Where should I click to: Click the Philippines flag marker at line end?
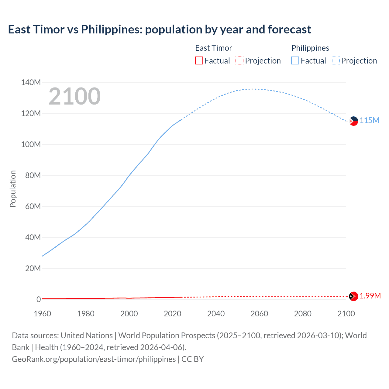click(x=353, y=121)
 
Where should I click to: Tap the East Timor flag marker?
click(x=353, y=296)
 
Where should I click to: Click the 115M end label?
click(x=369, y=120)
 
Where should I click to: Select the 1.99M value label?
click(x=370, y=296)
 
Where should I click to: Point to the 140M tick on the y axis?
click(x=31, y=82)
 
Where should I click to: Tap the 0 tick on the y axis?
click(x=38, y=299)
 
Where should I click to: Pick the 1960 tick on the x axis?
click(x=42, y=314)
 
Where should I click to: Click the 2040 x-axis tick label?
click(x=216, y=314)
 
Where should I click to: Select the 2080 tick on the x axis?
click(x=302, y=314)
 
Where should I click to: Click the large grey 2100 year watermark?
click(x=74, y=96)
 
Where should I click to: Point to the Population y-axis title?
click(x=13, y=189)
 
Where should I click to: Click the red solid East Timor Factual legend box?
click(x=199, y=61)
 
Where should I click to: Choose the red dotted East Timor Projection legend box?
click(x=239, y=61)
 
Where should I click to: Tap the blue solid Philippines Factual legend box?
click(x=295, y=61)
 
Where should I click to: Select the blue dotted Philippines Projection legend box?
click(x=336, y=61)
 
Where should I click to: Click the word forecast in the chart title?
click(x=289, y=29)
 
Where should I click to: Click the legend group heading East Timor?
click(x=213, y=48)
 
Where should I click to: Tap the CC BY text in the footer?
click(x=192, y=359)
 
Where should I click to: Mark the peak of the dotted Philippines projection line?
click(x=253, y=89)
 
